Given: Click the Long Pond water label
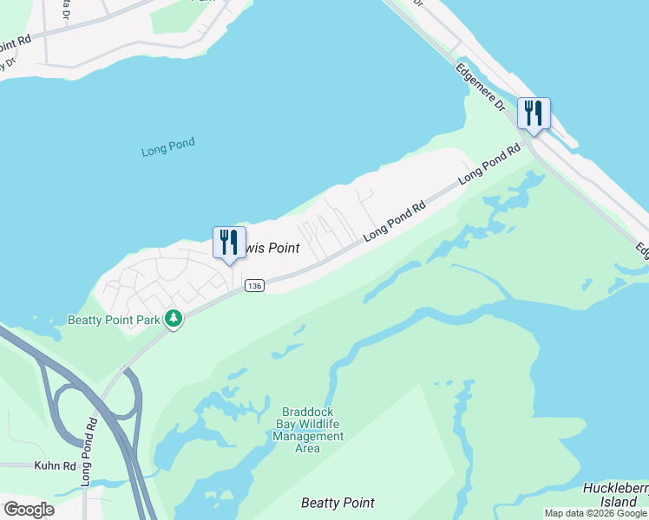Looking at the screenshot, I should click(x=168, y=148).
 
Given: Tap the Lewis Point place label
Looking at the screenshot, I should click(x=270, y=249).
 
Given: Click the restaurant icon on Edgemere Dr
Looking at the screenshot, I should click(x=534, y=114).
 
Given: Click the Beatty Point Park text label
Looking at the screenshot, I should click(x=115, y=320).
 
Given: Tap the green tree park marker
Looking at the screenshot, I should click(x=174, y=319).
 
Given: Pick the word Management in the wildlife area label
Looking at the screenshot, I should click(x=307, y=436).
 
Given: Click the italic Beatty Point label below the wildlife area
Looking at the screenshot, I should click(x=338, y=503).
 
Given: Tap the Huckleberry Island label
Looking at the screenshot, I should click(x=615, y=495).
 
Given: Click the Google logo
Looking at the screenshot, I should click(x=29, y=510).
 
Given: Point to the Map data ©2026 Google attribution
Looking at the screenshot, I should click(x=595, y=513).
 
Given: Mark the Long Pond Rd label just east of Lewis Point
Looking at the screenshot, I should click(x=395, y=220).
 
